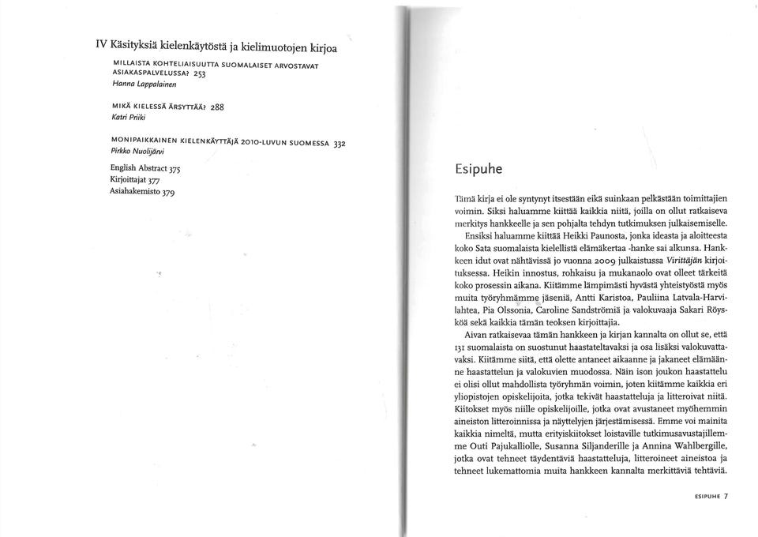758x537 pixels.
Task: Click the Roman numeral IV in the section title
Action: pyautogui.click(x=101, y=46)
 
